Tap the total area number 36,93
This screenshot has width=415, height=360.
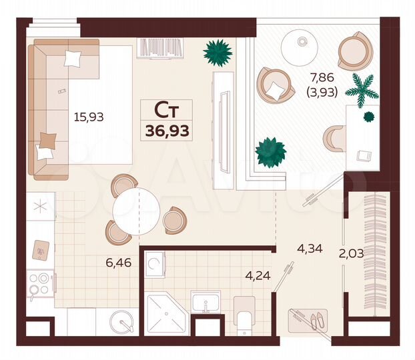166,129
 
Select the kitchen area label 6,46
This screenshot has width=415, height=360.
118,262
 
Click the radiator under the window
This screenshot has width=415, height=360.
155,48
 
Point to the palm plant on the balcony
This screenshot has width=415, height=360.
361,89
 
